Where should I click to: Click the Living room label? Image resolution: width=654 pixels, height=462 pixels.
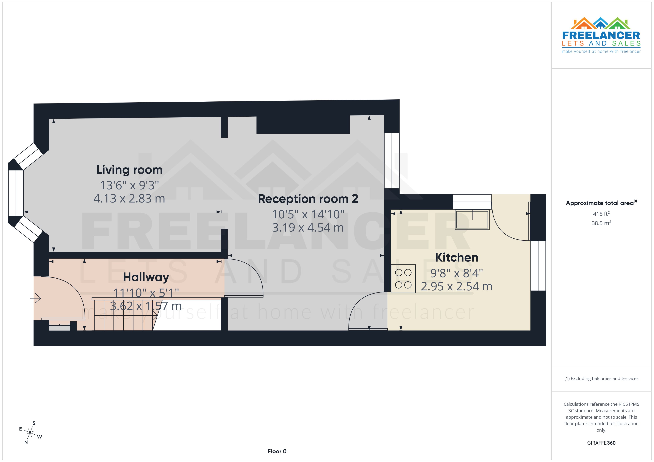click(129, 170)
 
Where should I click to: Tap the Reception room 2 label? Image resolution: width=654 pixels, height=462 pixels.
click(308, 199)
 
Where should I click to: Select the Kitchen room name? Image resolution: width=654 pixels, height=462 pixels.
click(456, 257)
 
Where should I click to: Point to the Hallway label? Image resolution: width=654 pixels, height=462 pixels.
click(146, 277)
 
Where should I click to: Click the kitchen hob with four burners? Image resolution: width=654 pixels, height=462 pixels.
click(403, 279)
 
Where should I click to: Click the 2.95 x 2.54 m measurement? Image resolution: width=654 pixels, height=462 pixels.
click(456, 287)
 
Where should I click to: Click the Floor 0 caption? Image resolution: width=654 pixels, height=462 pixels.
click(277, 451)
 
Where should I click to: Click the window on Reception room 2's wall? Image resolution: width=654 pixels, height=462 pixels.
click(392, 161)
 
